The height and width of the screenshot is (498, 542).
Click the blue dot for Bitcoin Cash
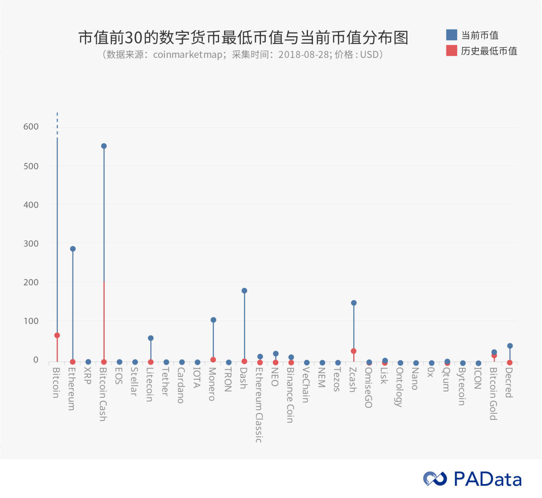coord(104,146)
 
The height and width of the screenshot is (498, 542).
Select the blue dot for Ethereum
coord(73,249)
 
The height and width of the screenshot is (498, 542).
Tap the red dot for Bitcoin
coord(57,335)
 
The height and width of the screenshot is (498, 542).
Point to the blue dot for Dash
coord(244,291)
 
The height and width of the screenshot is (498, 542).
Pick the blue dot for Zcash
coord(354,303)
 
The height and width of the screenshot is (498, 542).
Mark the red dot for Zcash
coord(354,351)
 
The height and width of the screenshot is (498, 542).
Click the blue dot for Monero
coord(213,320)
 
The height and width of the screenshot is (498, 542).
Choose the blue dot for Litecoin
coord(151,338)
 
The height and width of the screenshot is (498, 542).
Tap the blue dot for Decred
coord(510,346)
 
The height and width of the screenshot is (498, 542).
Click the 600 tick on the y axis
coord(31,127)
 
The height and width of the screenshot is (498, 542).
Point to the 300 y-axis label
coord(31,244)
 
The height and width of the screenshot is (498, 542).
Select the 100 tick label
coord(31,321)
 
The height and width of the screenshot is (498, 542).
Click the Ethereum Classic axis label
coord(258,405)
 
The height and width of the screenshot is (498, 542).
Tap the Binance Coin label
coord(290,395)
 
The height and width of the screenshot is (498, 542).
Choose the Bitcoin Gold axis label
coord(493,393)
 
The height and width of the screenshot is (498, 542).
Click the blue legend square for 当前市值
coord(451,35)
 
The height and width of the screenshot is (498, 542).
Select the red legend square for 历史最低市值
coord(451,51)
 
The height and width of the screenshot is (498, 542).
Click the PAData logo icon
coord(435,479)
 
